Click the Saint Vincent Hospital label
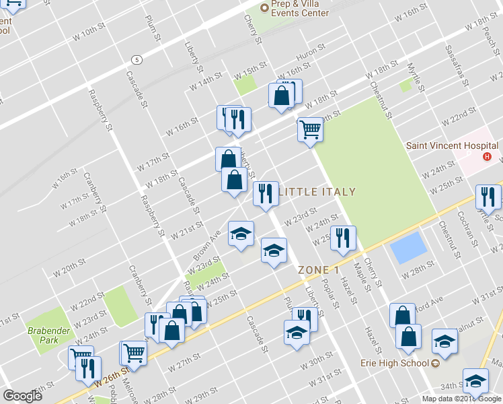[x=452, y=145]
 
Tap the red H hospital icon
[x=489, y=158]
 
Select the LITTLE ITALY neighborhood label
[x=317, y=192]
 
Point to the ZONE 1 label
[x=319, y=270]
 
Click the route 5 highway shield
[x=137, y=59]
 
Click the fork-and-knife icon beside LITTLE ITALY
[x=266, y=194]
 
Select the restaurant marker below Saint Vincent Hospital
[x=488, y=197]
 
